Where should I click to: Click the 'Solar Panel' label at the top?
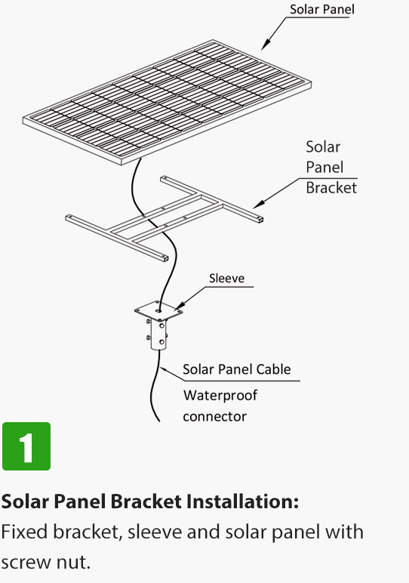[321, 9]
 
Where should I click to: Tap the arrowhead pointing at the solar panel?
[265, 45]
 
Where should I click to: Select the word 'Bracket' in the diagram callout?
[331, 187]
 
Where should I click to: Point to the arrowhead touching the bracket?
[259, 204]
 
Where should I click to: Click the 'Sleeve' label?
[226, 278]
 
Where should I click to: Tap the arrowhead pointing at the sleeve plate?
[179, 307]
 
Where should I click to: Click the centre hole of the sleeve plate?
[159, 310]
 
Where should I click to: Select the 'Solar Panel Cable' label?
[237, 369]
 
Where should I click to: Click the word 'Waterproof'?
[220, 396]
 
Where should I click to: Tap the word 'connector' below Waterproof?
[214, 416]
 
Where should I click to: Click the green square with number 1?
[26, 446]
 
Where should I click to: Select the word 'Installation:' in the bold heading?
[242, 501]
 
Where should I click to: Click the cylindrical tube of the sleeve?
[158, 335]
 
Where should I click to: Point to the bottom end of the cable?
[159, 421]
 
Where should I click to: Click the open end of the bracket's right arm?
[260, 220]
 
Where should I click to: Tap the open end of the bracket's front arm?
[165, 258]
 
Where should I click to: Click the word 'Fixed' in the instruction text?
[24, 532]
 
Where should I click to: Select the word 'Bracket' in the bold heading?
[146, 501]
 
